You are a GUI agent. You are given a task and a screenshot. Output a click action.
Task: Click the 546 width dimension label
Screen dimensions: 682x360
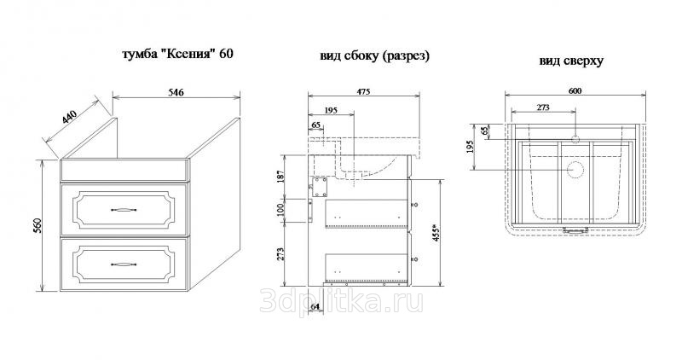pyautogui.click(x=176, y=92)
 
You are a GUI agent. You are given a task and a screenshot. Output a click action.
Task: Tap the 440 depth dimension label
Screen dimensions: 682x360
pyautogui.click(x=69, y=117)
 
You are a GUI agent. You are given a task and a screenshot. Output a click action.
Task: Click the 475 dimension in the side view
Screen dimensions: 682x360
pyautogui.click(x=364, y=91)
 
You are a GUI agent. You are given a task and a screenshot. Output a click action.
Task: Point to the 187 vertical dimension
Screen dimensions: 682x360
pyautogui.click(x=280, y=176)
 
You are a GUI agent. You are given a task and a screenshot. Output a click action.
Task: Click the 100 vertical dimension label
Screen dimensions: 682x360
pyautogui.click(x=280, y=210)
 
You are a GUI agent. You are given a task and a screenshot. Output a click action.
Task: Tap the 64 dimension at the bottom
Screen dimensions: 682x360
pyautogui.click(x=315, y=307)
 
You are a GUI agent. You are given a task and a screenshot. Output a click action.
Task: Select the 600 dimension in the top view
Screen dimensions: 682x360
pyautogui.click(x=575, y=91)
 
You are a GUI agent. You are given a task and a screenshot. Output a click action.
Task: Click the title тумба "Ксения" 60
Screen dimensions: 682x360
pyautogui.click(x=177, y=54)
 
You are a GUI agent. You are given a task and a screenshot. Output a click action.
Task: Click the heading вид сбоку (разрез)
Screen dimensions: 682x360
pyautogui.click(x=375, y=56)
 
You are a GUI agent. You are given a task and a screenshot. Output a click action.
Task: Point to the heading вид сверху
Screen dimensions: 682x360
pyautogui.click(x=571, y=61)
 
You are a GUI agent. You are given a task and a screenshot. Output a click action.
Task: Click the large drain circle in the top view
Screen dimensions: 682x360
pyautogui.click(x=575, y=170)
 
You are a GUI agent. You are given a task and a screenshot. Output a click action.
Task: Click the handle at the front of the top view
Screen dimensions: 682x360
pyautogui.click(x=575, y=229)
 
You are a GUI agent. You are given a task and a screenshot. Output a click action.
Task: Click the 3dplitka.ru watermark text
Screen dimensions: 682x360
pyautogui.click(x=342, y=301)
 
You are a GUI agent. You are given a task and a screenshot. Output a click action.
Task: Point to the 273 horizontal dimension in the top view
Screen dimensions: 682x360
pyautogui.click(x=543, y=107)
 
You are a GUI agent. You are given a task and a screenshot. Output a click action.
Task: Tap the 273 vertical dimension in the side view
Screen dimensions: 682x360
pyautogui.click(x=280, y=254)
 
